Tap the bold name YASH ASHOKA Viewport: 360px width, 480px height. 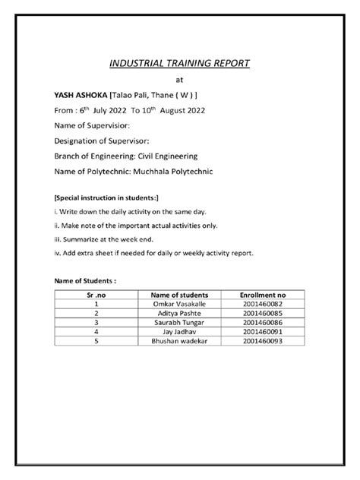(81, 94)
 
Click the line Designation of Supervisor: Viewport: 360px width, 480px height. (101, 141)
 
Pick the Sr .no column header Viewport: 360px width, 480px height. (96, 294)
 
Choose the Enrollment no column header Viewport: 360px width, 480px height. (262, 294)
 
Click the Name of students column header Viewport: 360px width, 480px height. (179, 294)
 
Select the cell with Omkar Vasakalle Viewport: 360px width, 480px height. (179, 303)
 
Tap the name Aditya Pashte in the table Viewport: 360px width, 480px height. (179, 312)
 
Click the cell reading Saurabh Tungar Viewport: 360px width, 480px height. (179, 322)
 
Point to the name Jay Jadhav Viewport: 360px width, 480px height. (179, 331)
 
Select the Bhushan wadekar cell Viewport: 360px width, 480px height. (179, 340)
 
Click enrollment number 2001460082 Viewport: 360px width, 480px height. (262, 303)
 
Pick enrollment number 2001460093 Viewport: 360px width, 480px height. (262, 340)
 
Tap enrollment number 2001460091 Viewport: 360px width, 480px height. (262, 331)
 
